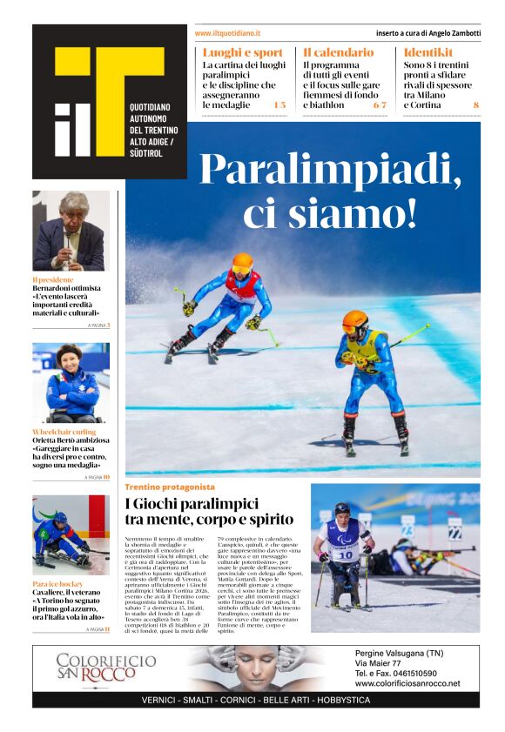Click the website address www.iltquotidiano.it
point(227,33)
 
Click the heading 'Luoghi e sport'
point(243,52)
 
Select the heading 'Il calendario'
point(339,52)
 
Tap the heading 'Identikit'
point(428,52)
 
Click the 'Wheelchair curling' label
point(64,432)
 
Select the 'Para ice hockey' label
point(58,583)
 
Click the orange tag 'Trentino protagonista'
point(170,487)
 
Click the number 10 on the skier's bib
point(345,554)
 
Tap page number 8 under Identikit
point(475,105)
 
